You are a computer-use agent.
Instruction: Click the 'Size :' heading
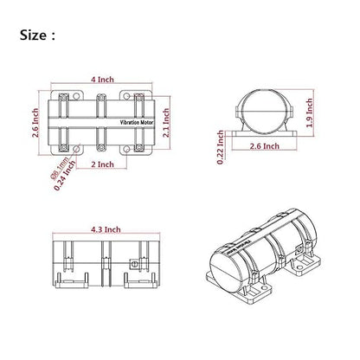point(37,35)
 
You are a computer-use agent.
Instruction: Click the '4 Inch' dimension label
point(102,80)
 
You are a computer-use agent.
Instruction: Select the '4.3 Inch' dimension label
point(106,229)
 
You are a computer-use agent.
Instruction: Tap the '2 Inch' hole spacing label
point(102,164)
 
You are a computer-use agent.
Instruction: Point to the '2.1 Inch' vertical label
point(166,123)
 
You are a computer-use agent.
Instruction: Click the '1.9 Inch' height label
point(310,112)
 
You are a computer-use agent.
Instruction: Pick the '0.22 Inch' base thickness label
point(221,147)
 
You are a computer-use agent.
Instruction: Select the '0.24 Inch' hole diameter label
point(65,175)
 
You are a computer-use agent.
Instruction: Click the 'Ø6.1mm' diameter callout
point(59,169)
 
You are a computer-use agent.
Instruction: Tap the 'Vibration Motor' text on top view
point(137,123)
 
